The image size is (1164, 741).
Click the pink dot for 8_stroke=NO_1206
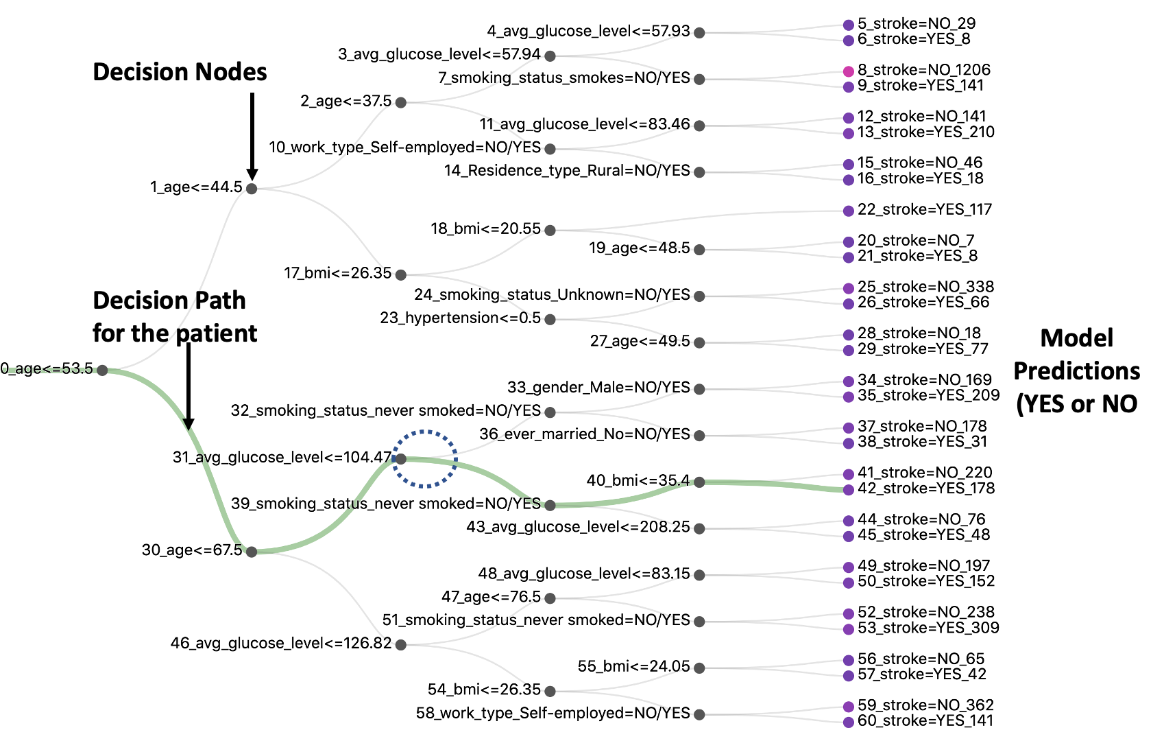click(849, 71)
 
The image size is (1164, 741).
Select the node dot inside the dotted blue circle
click(401, 458)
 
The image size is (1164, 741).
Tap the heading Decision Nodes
click(180, 72)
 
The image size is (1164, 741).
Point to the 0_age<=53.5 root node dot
click(102, 370)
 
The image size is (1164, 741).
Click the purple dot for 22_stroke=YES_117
click(849, 211)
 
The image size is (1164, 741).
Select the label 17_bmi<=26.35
click(337, 273)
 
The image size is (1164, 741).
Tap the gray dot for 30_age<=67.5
click(252, 552)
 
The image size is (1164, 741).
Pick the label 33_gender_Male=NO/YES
click(598, 388)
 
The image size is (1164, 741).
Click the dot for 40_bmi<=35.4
click(699, 482)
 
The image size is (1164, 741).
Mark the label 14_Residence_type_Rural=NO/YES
click(566, 171)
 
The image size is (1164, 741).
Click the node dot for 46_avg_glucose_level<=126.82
click(401, 645)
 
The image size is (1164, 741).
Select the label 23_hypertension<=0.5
click(460, 318)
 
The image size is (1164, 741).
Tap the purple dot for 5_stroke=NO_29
click(849, 25)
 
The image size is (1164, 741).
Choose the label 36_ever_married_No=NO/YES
click(584, 434)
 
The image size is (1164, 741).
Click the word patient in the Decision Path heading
click(216, 333)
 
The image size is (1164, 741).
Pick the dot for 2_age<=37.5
click(401, 102)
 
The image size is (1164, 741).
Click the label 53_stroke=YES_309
click(927, 628)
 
